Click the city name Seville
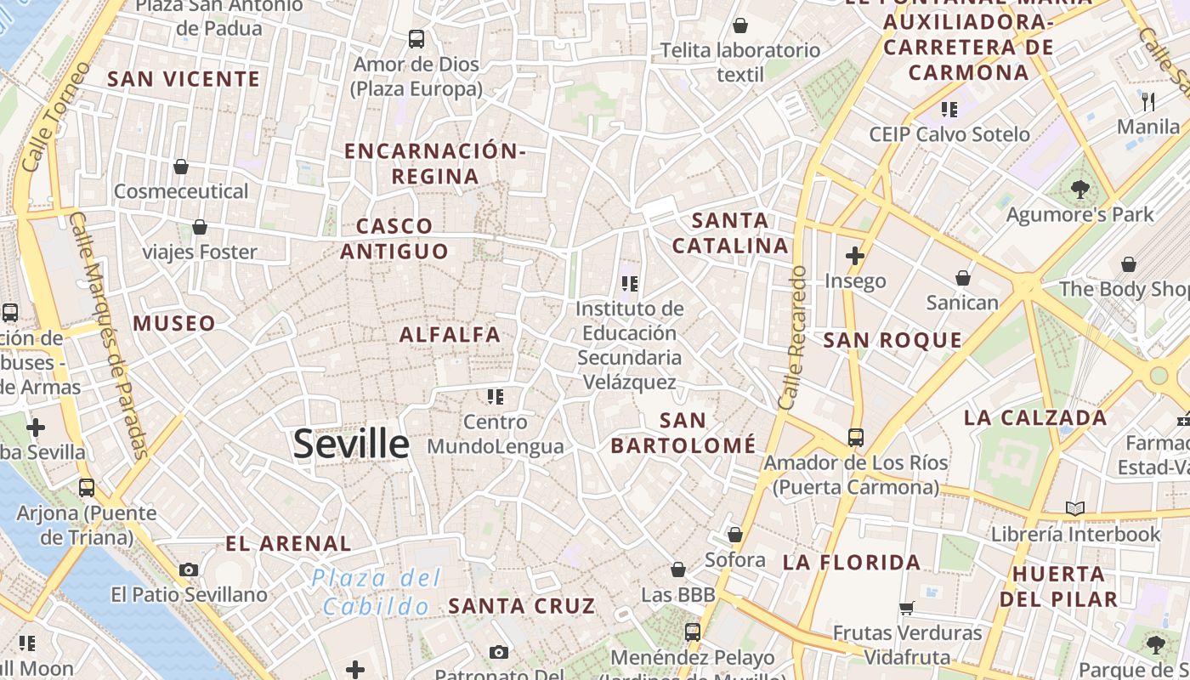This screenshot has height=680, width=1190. pos(351,445)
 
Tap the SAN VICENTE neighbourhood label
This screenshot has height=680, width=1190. pos(184,79)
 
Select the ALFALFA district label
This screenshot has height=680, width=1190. pos(450,335)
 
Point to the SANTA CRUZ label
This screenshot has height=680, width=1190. pos(522,606)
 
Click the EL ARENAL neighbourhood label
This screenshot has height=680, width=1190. pos(288,543)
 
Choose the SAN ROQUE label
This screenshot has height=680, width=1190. pos(892,341)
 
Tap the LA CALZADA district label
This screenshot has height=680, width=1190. pos(1035,418)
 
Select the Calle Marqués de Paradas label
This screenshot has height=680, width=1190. pos(110,335)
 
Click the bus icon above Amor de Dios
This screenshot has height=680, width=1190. pos(416,38)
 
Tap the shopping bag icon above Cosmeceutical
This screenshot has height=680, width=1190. pos(180,166)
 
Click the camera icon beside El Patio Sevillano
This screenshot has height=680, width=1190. pos(189,569)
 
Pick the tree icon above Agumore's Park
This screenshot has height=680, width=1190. pos(1080,190)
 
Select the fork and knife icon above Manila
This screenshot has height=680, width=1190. pos(1148,102)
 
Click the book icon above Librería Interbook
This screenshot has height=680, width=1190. pos(1075,508)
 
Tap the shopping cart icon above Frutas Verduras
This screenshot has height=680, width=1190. pos(907,608)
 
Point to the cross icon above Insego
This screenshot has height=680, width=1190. pos(855,255)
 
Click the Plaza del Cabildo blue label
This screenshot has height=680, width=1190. pos(377,592)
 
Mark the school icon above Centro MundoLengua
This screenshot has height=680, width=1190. pos(496,396)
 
